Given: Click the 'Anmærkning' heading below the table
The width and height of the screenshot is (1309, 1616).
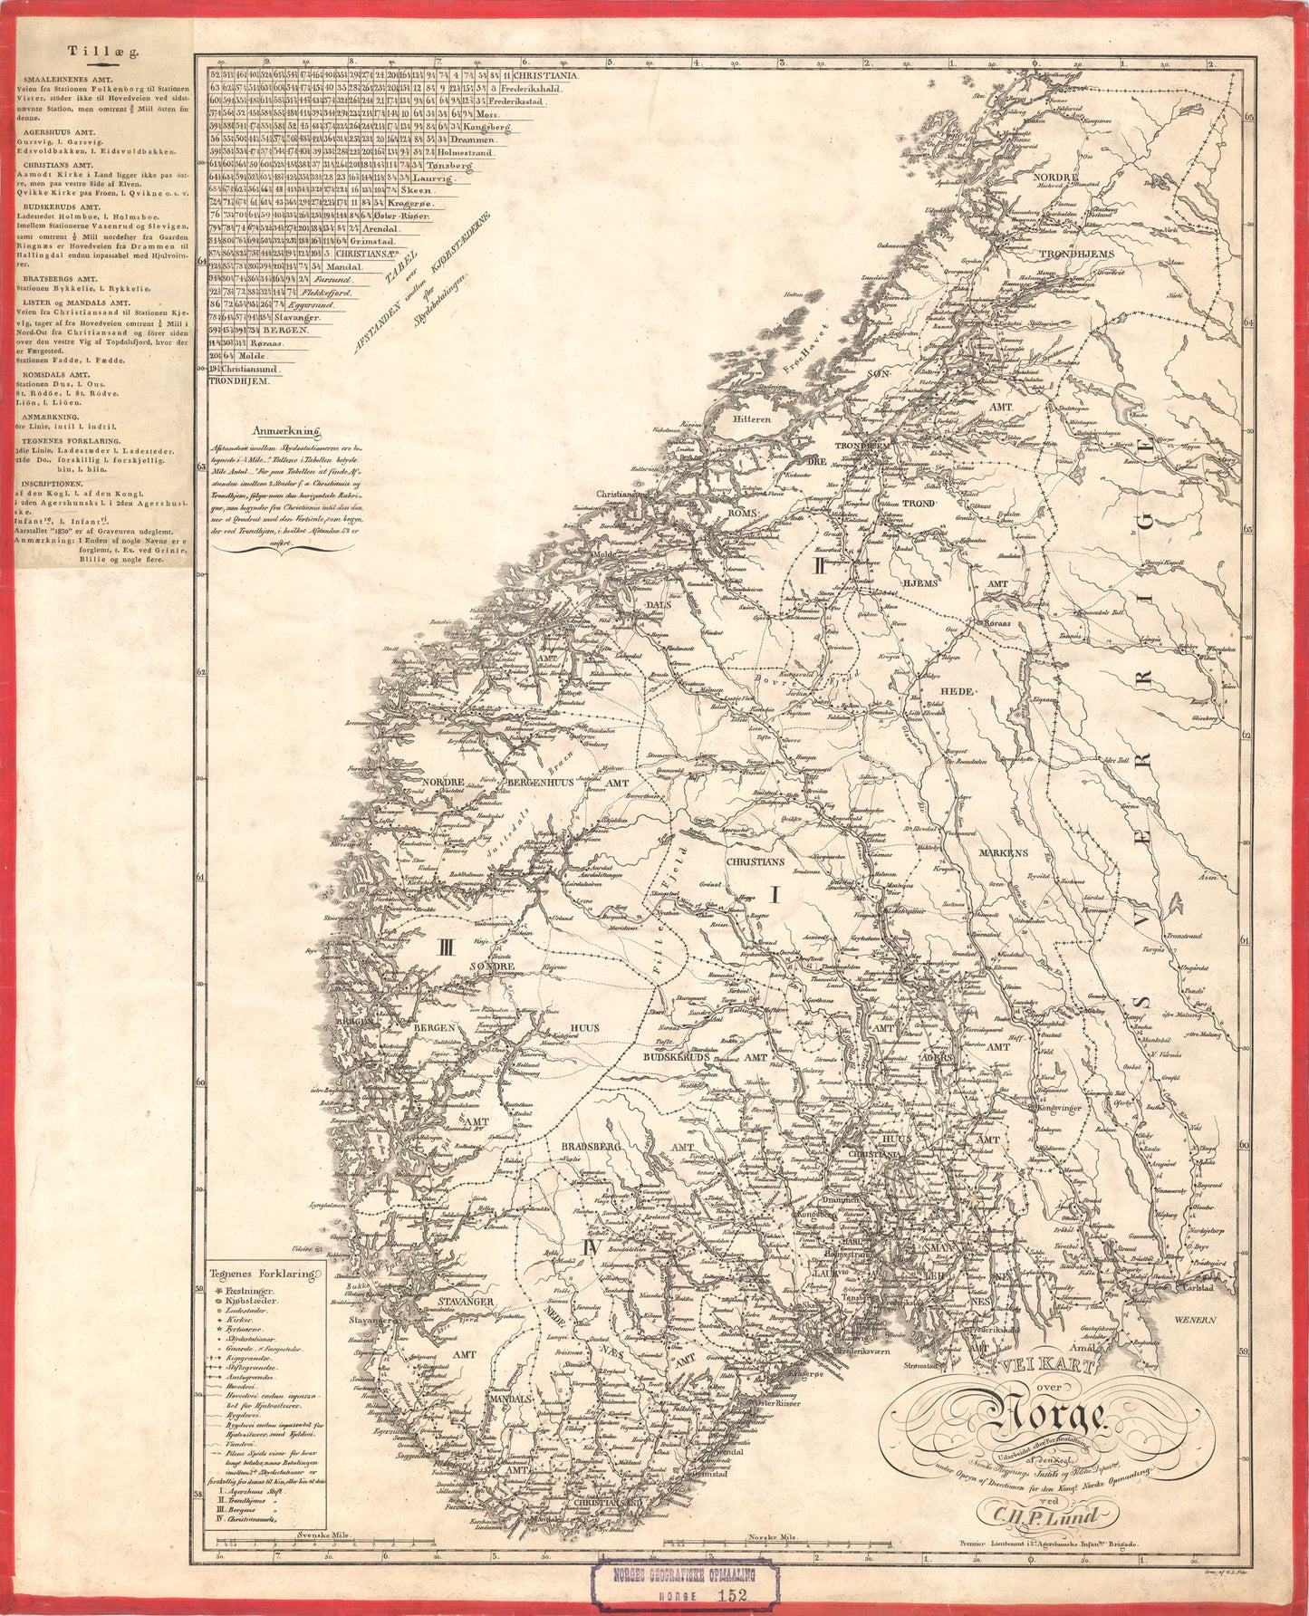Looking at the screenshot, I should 287,433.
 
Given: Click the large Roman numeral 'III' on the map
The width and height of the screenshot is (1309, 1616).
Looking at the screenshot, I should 446,947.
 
